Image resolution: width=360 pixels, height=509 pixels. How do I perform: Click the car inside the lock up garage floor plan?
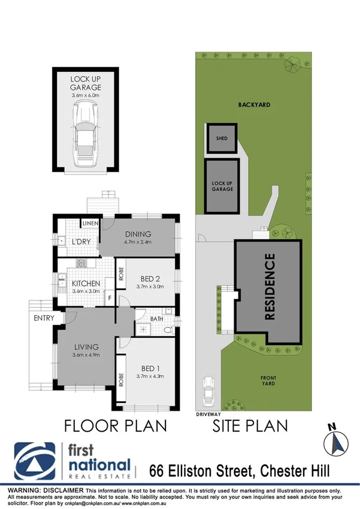(x=84, y=135)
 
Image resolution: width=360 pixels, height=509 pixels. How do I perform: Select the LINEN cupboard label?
(x=90, y=224)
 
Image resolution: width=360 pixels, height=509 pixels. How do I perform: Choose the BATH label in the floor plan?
(x=158, y=318)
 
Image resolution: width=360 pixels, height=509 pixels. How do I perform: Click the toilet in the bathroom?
(x=168, y=329)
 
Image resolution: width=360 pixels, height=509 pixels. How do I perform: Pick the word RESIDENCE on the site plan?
(x=270, y=287)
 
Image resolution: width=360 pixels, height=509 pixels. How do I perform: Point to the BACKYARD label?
(x=253, y=104)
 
